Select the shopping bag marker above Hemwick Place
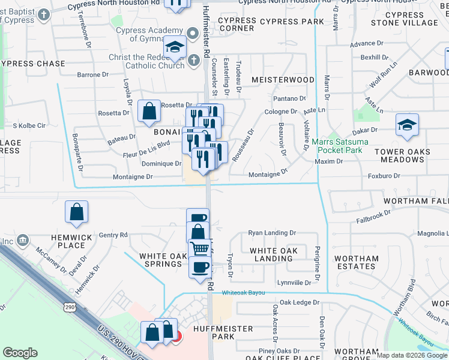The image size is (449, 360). click(77, 212)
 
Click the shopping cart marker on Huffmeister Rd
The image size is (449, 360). click(200, 248)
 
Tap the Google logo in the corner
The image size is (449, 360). click(20, 353)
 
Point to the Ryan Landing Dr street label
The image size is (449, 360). click(272, 233)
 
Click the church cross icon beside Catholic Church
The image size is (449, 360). click(193, 60)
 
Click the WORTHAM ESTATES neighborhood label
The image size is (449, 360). click(357, 262)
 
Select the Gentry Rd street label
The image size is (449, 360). click(113, 235)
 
